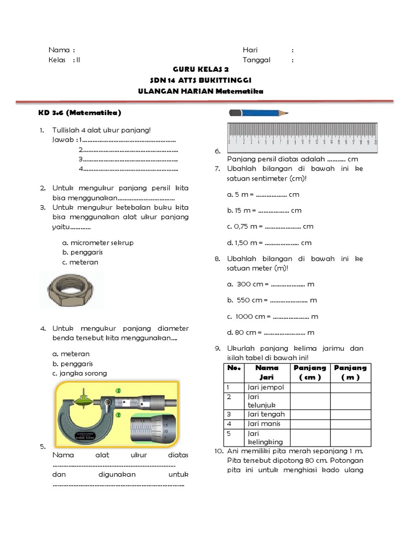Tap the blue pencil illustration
(x=259, y=113)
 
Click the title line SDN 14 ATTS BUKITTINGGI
(x=200, y=80)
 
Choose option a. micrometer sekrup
(x=97, y=243)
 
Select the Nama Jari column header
(x=267, y=373)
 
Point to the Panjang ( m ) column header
(x=350, y=373)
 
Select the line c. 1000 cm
(x=273, y=317)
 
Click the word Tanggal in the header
(x=256, y=60)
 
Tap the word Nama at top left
(x=59, y=50)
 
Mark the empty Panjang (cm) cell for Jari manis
(x=309, y=423)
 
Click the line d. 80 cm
(x=271, y=332)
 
